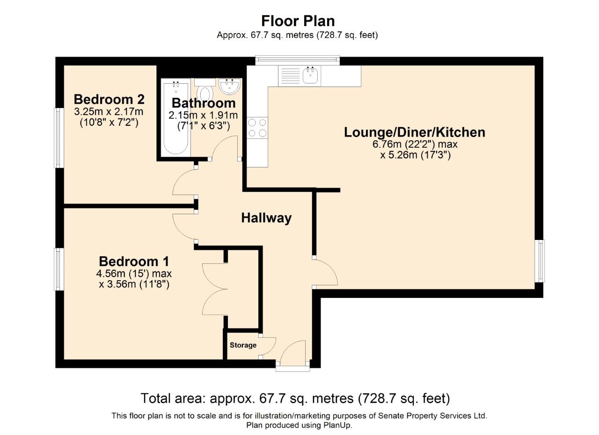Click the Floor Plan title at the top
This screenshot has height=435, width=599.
point(298,21)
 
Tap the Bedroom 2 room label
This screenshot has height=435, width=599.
point(109,100)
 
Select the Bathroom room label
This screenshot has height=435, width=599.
point(204,103)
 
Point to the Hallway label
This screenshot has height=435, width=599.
point(266,218)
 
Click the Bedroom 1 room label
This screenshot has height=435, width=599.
point(134,261)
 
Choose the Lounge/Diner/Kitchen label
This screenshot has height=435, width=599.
point(415,132)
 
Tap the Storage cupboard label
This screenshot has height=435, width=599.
point(243,345)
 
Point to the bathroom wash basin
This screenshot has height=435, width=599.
point(229,86)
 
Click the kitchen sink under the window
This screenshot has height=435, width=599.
point(310,75)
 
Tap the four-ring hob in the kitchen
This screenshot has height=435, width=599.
point(257,128)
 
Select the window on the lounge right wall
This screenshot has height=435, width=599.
point(540,261)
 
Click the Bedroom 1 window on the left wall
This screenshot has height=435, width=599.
point(58,269)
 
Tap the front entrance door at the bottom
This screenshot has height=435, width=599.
point(293,355)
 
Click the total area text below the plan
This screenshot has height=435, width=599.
point(295,399)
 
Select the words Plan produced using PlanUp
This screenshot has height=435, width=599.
point(299,425)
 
